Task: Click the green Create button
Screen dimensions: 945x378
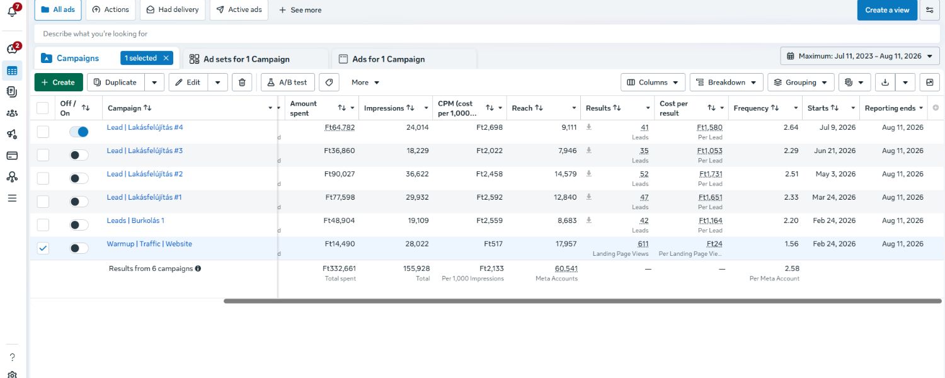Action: pos(59,83)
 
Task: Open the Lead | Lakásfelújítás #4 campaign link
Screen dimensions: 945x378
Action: pos(145,127)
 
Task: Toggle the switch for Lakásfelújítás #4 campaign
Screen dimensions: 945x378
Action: pos(79,132)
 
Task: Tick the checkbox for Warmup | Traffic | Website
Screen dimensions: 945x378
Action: pos(43,248)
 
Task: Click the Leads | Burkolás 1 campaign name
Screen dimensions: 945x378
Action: pos(135,220)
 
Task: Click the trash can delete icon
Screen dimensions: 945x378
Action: pos(242,83)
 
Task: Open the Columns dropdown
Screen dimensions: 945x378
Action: pos(653,83)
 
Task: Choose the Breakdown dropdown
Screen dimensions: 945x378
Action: pos(726,83)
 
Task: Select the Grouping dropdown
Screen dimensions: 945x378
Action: pos(801,83)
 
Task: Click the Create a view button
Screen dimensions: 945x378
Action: pos(887,10)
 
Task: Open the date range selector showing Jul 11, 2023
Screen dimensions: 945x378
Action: pos(860,56)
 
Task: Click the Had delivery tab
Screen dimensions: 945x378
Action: pos(173,9)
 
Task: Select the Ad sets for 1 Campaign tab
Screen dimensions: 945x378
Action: pos(246,59)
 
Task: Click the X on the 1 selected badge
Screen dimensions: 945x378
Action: pos(166,58)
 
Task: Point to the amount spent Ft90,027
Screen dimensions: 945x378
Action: pos(340,174)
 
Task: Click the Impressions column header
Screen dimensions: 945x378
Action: pos(384,108)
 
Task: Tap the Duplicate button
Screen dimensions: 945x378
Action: pos(115,83)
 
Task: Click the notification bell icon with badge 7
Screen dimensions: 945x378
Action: pos(13,11)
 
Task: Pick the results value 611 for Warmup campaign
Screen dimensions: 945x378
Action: pos(643,244)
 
